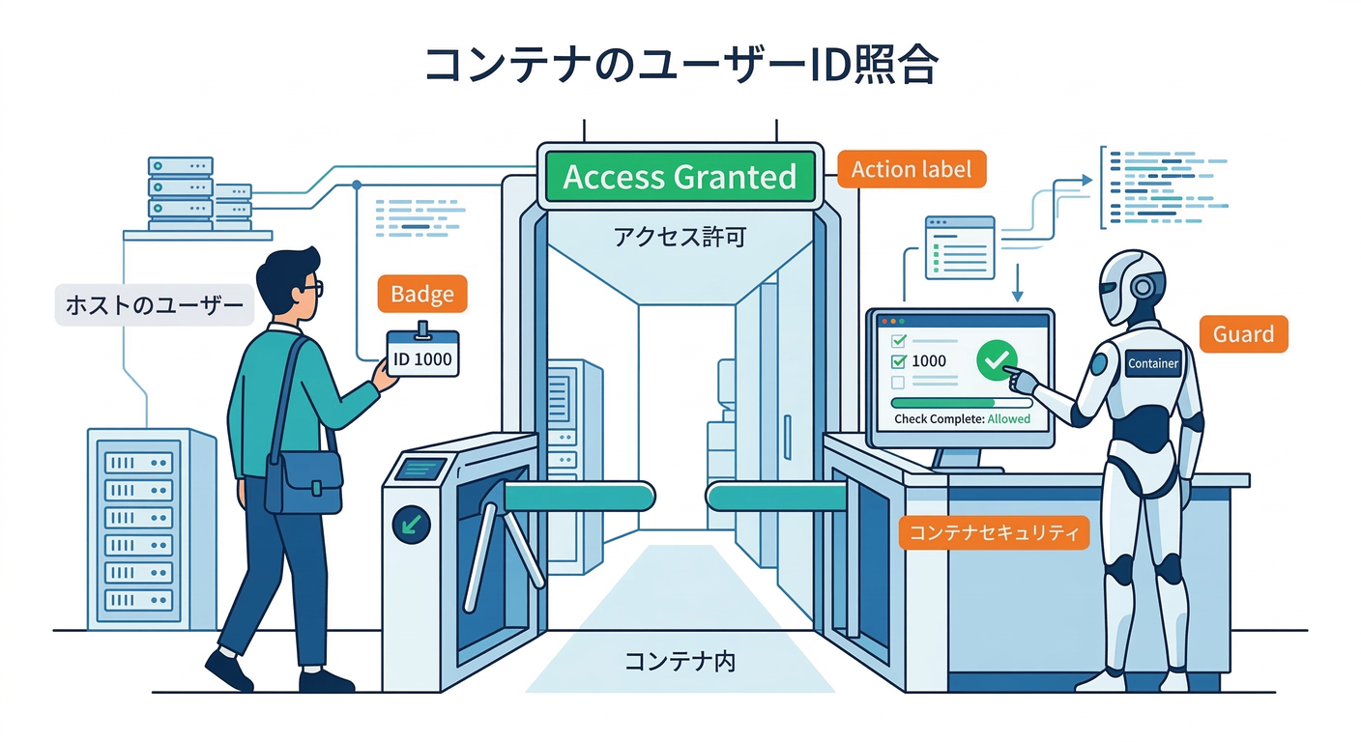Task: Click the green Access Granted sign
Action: point(680,177)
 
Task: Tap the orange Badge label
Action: point(421,294)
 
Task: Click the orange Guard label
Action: point(1243,334)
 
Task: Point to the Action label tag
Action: point(911,169)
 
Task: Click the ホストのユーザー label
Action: point(154,306)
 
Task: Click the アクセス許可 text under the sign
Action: point(680,237)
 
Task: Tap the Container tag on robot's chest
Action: point(1153,363)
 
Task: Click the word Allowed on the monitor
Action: point(1009,419)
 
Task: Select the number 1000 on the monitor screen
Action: point(929,361)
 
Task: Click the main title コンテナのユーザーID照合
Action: point(680,66)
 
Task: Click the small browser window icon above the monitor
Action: point(959,247)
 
